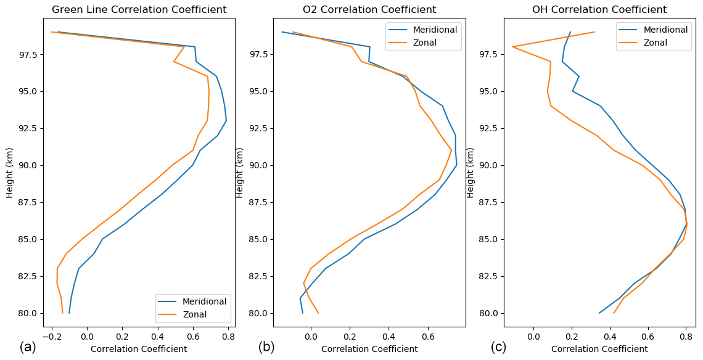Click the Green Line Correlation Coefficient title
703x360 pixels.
pyautogui.click(x=139, y=10)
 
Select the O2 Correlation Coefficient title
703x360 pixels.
pyautogui.click(x=369, y=10)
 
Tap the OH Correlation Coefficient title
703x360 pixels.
pyautogui.click(x=599, y=10)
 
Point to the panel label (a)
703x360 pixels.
pyautogui.click(x=28, y=347)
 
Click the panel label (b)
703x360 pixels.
pyautogui.click(x=266, y=347)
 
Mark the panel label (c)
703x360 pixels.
pyautogui.click(x=498, y=347)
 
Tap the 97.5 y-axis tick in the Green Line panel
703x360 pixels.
pyautogui.click(x=28, y=54)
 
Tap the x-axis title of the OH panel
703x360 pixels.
pyautogui.click(x=599, y=349)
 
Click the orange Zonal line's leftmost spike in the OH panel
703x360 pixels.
pyautogui.click(x=512, y=47)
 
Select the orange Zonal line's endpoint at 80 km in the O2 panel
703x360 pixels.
pyautogui.click(x=318, y=313)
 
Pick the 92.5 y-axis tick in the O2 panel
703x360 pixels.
pyautogui.click(x=260, y=128)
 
